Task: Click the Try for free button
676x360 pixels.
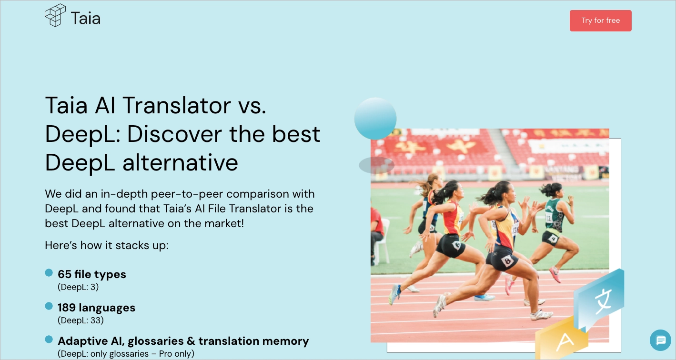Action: pyautogui.click(x=600, y=20)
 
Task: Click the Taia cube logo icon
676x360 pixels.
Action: pyautogui.click(x=55, y=15)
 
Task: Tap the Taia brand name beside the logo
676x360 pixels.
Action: pyautogui.click(x=86, y=19)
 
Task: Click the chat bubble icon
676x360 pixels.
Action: pyautogui.click(x=660, y=340)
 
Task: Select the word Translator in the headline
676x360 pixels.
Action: pyautogui.click(x=177, y=105)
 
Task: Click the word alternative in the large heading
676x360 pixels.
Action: pyautogui.click(x=180, y=163)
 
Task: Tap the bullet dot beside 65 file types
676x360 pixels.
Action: pyautogui.click(x=49, y=273)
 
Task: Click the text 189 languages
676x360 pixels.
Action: pyautogui.click(x=97, y=308)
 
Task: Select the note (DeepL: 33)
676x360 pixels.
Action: pyautogui.click(x=81, y=320)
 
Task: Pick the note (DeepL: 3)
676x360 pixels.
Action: pyautogui.click(x=78, y=287)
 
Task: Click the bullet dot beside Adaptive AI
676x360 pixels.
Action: pyautogui.click(x=49, y=340)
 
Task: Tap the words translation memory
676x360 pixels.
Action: pyautogui.click(x=253, y=341)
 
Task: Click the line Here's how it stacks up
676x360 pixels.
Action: pyautogui.click(x=107, y=245)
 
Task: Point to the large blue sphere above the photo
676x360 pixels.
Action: pyautogui.click(x=375, y=118)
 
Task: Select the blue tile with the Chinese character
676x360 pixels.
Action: pyautogui.click(x=599, y=299)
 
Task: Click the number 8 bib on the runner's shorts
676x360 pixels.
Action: pyautogui.click(x=507, y=260)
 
